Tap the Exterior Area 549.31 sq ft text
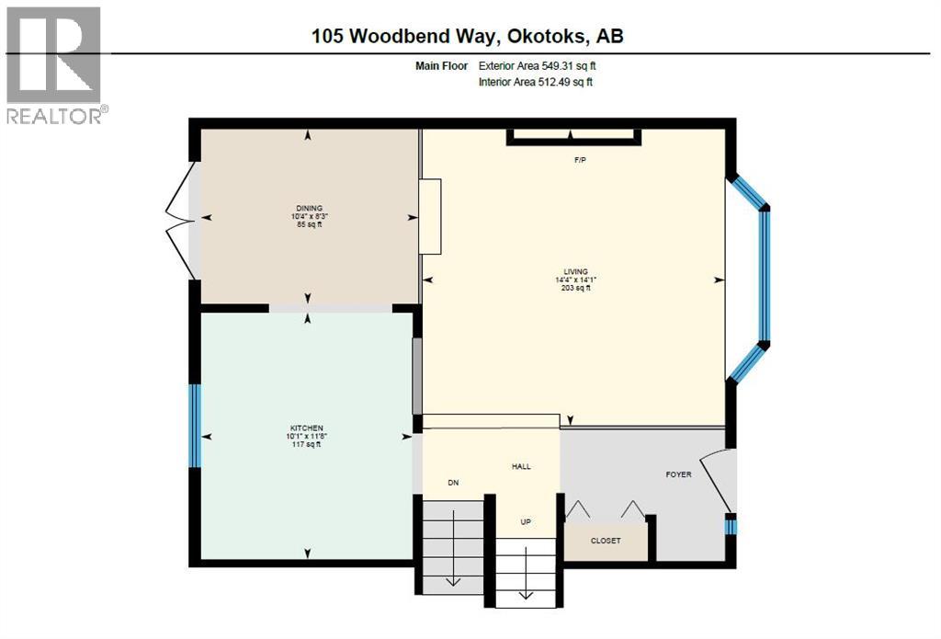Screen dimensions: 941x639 [537, 66]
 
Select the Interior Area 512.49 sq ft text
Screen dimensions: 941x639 [536, 82]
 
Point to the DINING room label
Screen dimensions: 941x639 [309, 209]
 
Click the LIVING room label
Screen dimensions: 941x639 [575, 271]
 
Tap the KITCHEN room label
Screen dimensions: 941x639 [306, 428]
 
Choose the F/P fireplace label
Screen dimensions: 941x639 [580, 160]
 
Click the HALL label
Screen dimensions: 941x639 [521, 466]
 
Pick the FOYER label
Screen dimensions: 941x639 [679, 474]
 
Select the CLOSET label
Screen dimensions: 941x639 [606, 541]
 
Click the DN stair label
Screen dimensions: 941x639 [454, 483]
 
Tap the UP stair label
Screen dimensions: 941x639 [526, 522]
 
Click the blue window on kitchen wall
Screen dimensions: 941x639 [195, 426]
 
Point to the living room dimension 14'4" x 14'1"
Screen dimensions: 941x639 [575, 280]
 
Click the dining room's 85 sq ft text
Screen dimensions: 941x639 [309, 224]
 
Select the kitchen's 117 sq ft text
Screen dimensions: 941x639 [306, 444]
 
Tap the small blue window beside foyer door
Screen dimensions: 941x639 [731, 527]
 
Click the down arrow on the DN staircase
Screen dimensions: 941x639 [452, 547]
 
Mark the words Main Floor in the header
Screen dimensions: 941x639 [441, 66]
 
